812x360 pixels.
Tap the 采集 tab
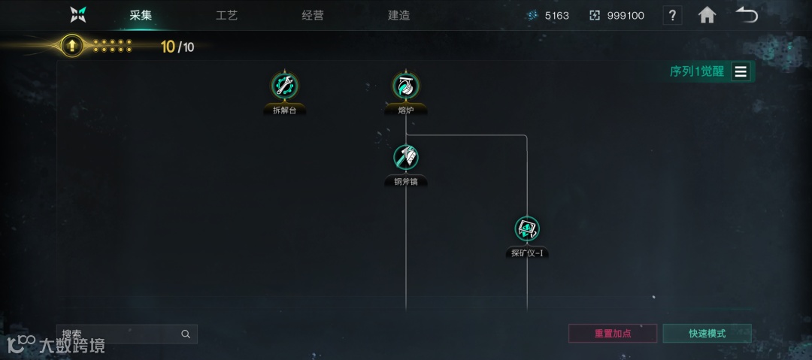click(x=141, y=15)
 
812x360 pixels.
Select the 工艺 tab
click(x=226, y=15)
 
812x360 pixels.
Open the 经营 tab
click(x=313, y=15)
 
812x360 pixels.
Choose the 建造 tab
click(x=398, y=15)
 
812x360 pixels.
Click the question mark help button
click(x=672, y=15)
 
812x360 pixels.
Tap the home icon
click(x=707, y=15)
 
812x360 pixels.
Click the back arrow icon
click(x=746, y=15)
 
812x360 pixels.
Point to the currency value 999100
click(x=626, y=15)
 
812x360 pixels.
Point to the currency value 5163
click(x=556, y=15)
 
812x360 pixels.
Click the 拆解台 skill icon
click(x=285, y=86)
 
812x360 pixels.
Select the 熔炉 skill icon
click(x=406, y=86)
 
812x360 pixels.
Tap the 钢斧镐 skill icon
click(x=406, y=157)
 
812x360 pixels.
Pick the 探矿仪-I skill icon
click(x=527, y=228)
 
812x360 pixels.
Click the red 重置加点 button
click(x=613, y=333)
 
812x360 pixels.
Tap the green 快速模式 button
click(x=707, y=333)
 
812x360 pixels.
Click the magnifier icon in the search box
click(x=186, y=334)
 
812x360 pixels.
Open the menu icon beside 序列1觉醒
click(x=741, y=71)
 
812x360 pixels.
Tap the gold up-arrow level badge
click(x=71, y=47)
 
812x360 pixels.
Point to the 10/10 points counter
click(x=177, y=47)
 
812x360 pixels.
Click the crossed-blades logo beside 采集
click(x=78, y=15)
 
